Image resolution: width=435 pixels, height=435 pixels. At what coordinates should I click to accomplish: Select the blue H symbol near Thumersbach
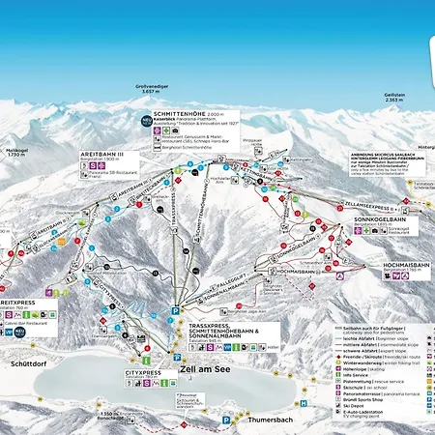(x=304, y=402)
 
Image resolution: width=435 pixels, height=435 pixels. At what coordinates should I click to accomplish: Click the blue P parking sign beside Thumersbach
(x=225, y=419)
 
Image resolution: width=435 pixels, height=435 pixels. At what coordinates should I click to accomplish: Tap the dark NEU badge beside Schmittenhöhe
(x=147, y=121)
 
